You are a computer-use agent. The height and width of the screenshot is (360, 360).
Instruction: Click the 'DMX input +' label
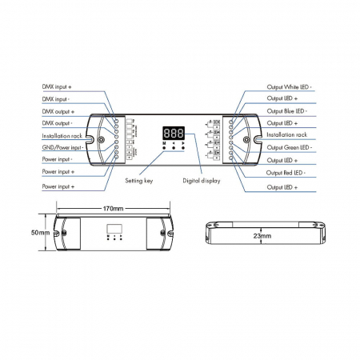[60, 85]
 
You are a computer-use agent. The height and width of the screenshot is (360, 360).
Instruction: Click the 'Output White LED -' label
[289, 85]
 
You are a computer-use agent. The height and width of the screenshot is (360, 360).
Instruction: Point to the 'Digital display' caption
[201, 181]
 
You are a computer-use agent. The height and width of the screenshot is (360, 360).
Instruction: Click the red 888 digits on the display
[174, 134]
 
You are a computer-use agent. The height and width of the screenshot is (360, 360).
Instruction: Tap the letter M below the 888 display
[164, 143]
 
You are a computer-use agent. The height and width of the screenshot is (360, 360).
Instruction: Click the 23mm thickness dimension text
[261, 237]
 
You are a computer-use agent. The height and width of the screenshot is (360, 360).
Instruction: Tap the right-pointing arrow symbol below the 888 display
[184, 143]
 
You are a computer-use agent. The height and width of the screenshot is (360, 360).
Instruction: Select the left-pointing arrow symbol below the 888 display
[174, 143]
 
